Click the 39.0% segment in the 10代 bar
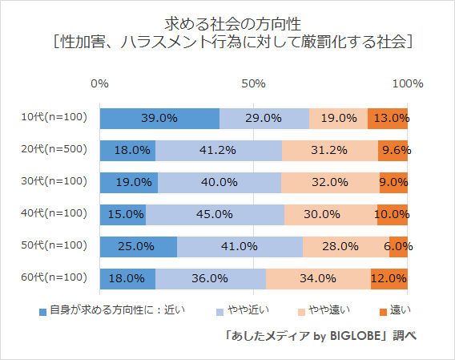coord(159,118)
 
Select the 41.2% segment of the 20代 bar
coord(219,150)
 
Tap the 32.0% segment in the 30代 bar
coord(330,182)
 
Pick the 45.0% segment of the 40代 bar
coord(215,214)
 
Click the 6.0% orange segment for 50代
coord(398,246)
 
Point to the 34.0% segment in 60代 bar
coord(318,278)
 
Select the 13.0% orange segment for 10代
coord(388,118)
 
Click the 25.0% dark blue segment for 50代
coord(138,246)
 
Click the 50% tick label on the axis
coord(254,84)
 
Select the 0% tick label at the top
coord(100,84)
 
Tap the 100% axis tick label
coord(408,84)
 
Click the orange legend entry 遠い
coord(394,309)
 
